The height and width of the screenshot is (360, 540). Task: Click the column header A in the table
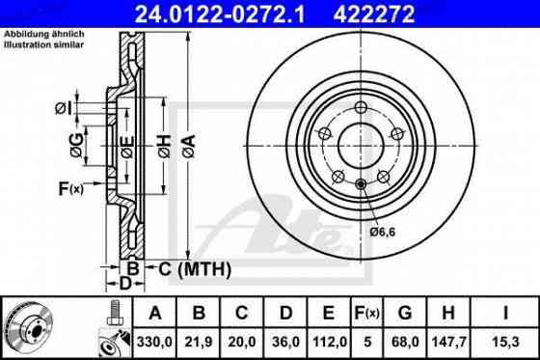pos(155,313)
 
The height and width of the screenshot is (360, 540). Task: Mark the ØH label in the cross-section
pos(164,147)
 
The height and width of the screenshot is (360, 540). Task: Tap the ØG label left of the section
pos(75,147)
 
